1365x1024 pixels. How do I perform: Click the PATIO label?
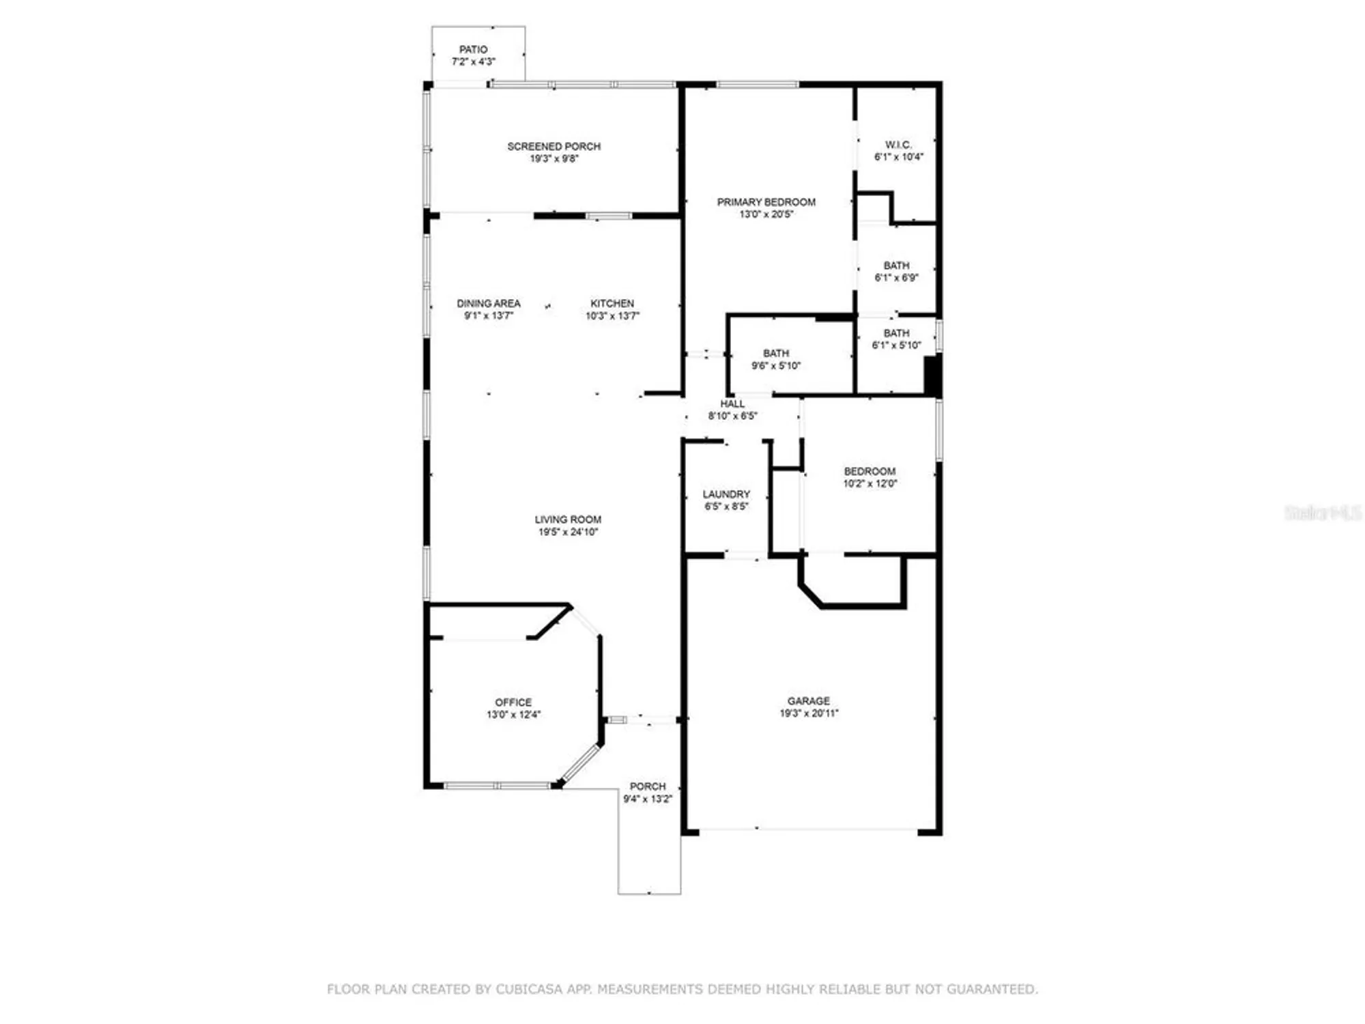473,49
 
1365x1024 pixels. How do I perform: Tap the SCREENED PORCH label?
554,146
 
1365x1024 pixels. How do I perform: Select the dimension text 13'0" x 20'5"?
766,214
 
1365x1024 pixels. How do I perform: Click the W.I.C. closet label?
898,145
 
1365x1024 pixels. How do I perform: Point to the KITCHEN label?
612,303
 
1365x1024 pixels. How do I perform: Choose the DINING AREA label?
488,303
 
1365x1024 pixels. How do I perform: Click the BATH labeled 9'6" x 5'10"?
776,353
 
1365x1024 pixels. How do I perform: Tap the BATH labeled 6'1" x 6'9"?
896,266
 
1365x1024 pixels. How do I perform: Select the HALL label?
732,403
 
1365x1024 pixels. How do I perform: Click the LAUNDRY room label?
726,494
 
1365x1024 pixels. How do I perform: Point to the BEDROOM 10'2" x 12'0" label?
870,471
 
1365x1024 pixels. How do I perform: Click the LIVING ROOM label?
568,520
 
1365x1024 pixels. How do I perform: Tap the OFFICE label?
513,702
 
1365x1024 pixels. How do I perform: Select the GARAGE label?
809,700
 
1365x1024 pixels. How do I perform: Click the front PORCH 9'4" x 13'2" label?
647,786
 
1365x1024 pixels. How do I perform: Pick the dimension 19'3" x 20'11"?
809,713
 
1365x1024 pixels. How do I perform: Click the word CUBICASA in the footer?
530,989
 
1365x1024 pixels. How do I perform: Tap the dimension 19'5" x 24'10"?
568,532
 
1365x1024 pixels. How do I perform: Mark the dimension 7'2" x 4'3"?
473,61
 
